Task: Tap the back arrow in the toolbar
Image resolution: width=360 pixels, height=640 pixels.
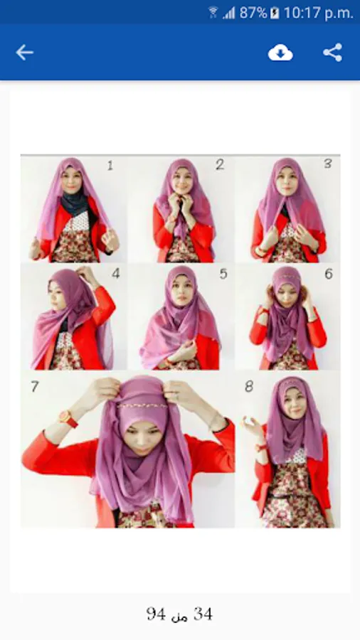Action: pos(24,53)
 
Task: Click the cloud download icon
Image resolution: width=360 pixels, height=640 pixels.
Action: pos(280,53)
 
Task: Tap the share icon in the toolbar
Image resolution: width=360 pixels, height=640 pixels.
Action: pos(333,53)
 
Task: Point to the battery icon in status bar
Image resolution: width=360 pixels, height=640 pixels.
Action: pos(275,13)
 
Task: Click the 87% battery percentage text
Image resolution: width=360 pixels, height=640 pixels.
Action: pos(253,13)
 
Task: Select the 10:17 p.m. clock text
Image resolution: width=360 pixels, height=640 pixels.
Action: pos(318,13)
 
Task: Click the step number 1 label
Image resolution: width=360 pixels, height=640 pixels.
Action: pos(110,166)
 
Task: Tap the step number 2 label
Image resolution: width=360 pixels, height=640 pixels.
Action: pos(220,164)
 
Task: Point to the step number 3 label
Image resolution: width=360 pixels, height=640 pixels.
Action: pos(328,164)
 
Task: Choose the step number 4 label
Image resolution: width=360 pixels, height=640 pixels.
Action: pos(116,274)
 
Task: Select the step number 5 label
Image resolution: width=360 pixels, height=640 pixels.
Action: pos(223,274)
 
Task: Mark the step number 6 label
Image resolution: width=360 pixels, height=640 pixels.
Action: pos(329,274)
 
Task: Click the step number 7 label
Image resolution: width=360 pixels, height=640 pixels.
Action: pos(35,387)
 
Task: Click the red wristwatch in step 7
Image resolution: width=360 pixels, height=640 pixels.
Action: pos(68,419)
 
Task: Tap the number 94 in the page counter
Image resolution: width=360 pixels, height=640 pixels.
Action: pos(156,614)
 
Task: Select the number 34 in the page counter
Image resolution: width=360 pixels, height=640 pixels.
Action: pos(203,614)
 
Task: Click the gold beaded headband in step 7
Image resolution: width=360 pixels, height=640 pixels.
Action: pos(143,406)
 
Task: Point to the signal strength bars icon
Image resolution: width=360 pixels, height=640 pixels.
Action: pos(229,14)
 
